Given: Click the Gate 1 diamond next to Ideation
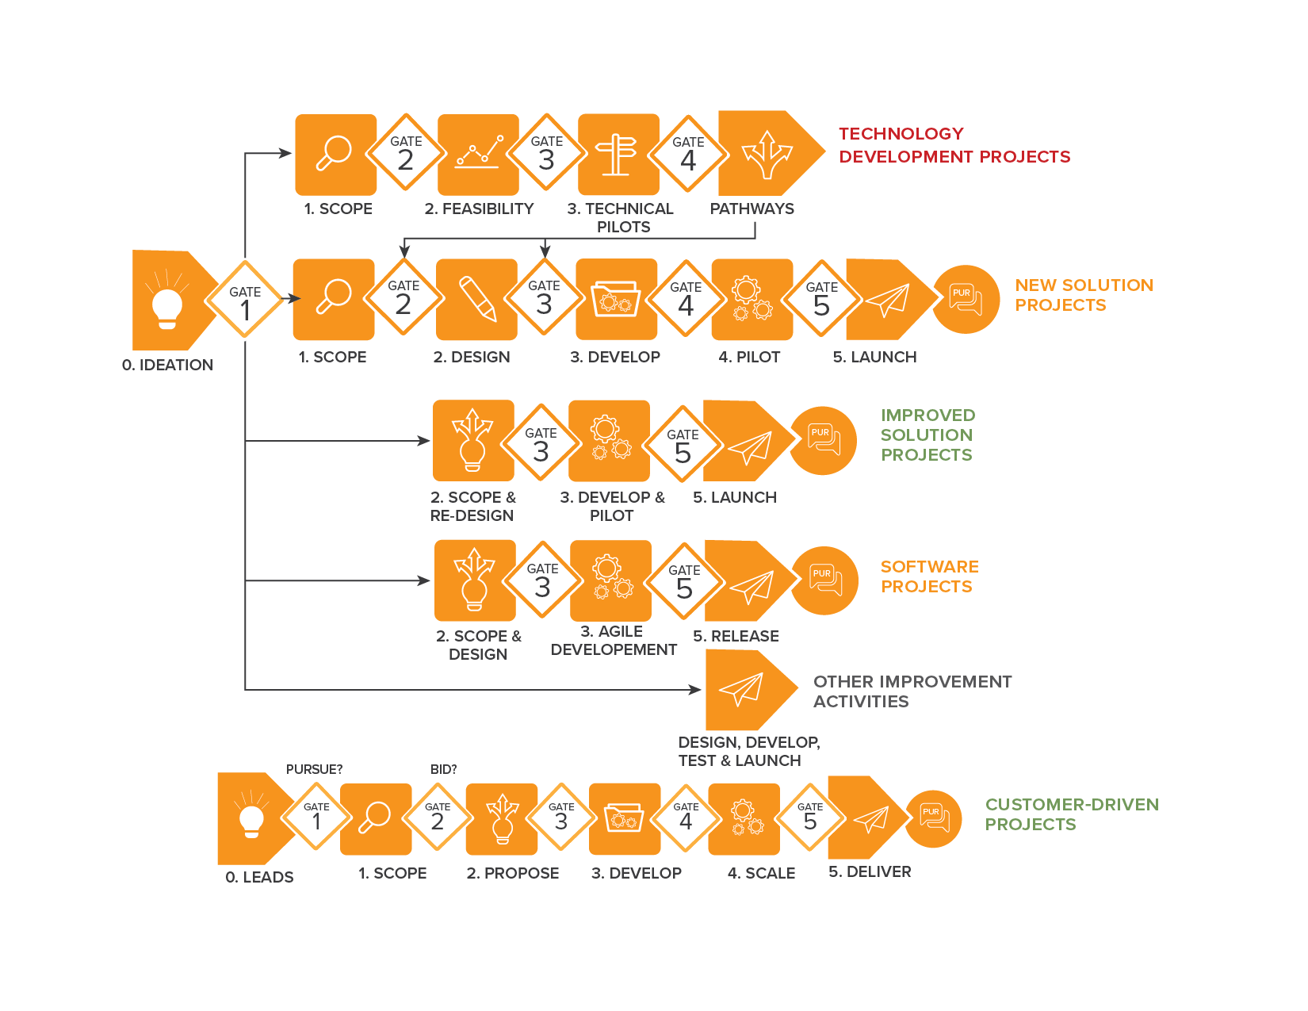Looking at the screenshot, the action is (244, 299).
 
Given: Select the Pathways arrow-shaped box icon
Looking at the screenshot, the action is (771, 153).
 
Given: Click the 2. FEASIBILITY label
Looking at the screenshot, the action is (479, 209).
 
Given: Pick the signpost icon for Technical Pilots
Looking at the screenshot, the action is (616, 155).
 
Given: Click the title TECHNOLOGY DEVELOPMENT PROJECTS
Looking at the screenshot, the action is (954, 145).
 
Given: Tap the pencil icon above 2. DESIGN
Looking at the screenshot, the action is (478, 299).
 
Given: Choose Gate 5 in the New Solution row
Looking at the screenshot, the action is (821, 299).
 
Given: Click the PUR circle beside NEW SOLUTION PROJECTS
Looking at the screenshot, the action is (966, 299).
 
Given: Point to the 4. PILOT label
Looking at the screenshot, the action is (749, 357).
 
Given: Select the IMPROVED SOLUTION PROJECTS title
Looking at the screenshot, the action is (927, 435).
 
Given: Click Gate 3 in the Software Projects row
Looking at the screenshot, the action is (542, 580).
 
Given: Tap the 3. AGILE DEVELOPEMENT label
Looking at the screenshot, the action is (614, 641).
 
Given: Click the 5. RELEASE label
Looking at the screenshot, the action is (736, 637).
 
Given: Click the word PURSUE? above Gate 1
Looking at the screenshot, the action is (314, 769).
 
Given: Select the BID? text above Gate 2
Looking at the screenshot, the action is (443, 769).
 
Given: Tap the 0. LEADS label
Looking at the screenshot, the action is (259, 877).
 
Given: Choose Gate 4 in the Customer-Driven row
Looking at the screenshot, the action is (686, 817).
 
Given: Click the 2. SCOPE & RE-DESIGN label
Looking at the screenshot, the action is (472, 507).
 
